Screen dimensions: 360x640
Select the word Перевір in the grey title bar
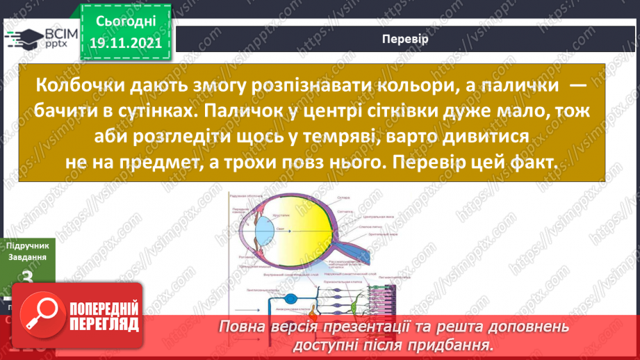[404, 39]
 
